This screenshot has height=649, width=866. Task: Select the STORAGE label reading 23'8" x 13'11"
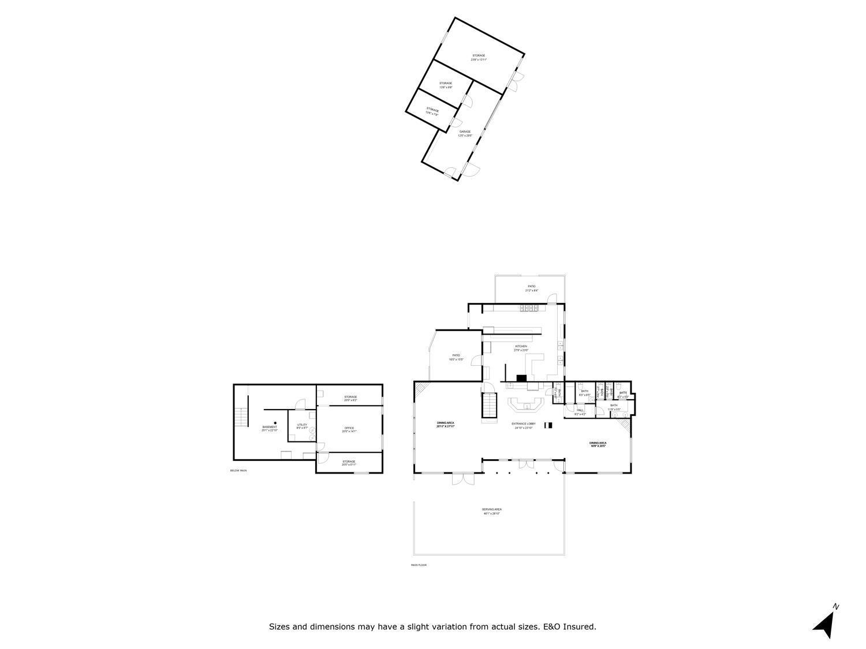click(479, 57)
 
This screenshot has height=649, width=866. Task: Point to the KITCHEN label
click(521, 348)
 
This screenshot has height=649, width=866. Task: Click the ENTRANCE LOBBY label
click(524, 426)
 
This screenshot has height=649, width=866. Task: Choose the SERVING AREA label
click(492, 511)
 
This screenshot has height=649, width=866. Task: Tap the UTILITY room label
click(302, 426)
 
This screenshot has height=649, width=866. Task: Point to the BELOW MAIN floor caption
click(238, 471)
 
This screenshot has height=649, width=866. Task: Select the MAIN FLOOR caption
click(419, 565)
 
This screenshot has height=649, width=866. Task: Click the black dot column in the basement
click(275, 423)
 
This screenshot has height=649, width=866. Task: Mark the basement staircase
click(241, 416)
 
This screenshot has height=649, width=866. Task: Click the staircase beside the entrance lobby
click(489, 404)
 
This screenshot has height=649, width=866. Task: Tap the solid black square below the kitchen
click(521, 378)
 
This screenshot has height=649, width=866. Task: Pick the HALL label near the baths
click(580, 411)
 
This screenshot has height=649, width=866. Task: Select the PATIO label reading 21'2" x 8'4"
click(531, 288)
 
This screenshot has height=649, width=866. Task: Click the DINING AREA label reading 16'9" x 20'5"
click(598, 444)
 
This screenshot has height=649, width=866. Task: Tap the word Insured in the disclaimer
click(580, 627)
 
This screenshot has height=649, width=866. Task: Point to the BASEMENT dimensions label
click(270, 430)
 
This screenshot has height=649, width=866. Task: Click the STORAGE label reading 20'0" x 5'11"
click(349, 463)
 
